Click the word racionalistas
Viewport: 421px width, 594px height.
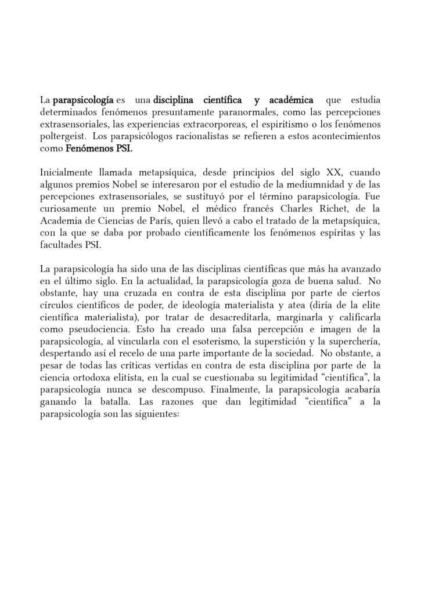[x=214, y=136]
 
